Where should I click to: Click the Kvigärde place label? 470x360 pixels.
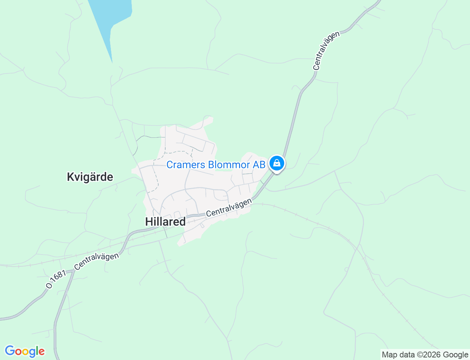coord(90,177)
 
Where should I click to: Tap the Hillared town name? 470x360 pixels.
coord(165,222)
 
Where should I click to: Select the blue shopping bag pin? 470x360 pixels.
coord(276,163)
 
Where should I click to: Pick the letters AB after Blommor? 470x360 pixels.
coord(259,165)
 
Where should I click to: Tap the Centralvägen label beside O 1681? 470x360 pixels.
coord(97,261)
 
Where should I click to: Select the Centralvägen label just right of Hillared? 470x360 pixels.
coord(229,208)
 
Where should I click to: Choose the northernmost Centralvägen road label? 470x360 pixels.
coord(326,51)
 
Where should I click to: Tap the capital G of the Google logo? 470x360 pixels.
coord(10,351)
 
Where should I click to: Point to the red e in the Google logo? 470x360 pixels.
coord(41,352)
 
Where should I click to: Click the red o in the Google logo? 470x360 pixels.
coord(18,352)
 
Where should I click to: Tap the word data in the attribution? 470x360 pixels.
coord(406,355)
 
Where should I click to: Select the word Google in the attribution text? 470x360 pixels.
coord(455,355)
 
